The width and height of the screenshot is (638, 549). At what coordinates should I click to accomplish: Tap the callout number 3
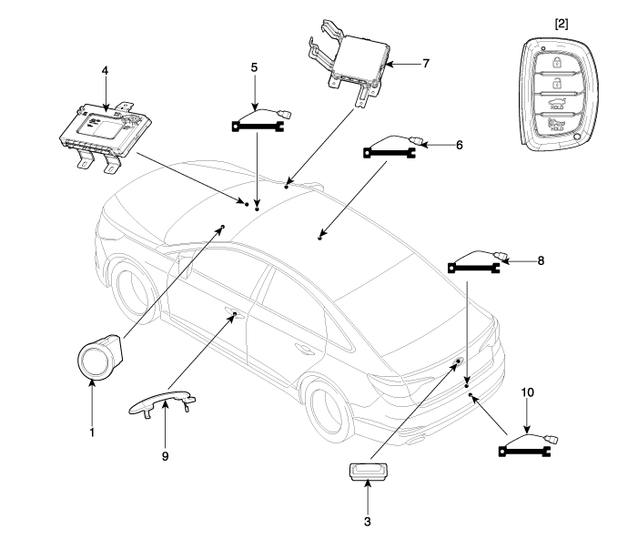pyautogui.click(x=368, y=522)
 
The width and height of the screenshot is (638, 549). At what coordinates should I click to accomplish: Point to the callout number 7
pyautogui.click(x=425, y=64)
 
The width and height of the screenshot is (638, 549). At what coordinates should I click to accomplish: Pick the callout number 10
pyautogui.click(x=528, y=392)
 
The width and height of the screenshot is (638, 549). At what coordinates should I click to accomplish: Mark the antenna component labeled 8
pyautogui.click(x=476, y=264)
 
